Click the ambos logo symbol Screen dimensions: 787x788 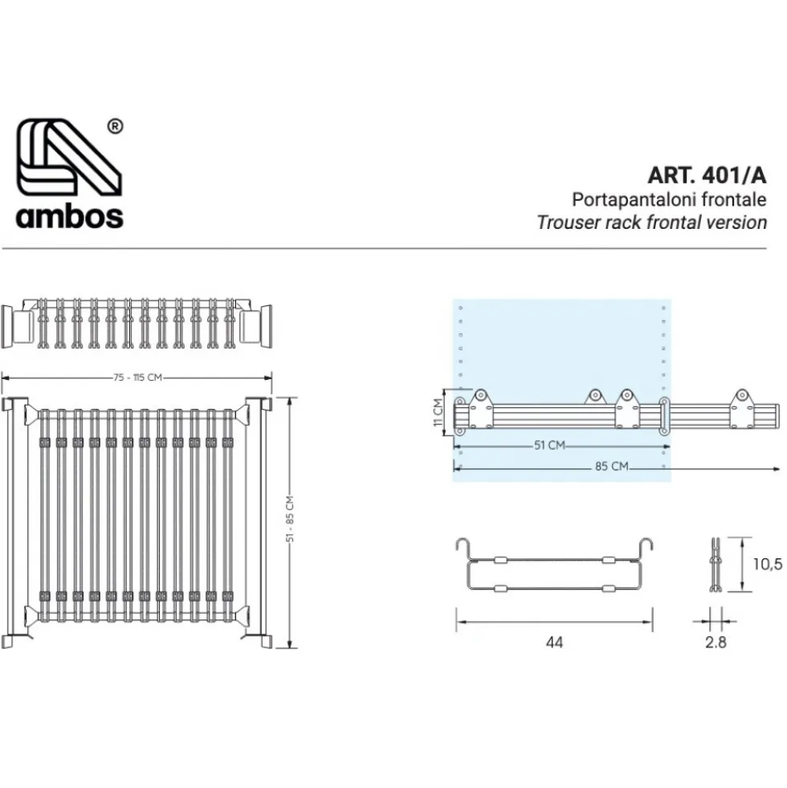pyautogui.click(x=69, y=157)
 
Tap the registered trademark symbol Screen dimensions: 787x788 pyautogui.click(x=116, y=126)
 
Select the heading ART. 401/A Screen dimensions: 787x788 pyautogui.click(x=707, y=175)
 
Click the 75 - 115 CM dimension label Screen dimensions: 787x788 pyautogui.click(x=137, y=377)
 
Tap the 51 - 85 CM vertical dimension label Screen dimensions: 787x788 pyautogui.click(x=290, y=519)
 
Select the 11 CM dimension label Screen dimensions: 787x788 pyautogui.click(x=438, y=412)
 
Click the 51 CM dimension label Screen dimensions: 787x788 pyautogui.click(x=549, y=445)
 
